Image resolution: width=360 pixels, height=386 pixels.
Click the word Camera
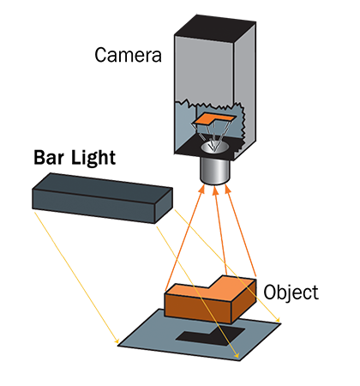128,55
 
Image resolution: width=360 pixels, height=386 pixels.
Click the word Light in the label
93,159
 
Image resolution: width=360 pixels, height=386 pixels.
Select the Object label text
291,293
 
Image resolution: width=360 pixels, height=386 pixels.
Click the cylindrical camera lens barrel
215,171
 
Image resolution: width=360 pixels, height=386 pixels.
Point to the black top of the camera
215,29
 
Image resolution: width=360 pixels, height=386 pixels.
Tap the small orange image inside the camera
213,118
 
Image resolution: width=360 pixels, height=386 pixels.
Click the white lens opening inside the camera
215,146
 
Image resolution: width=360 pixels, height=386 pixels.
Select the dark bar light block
102,198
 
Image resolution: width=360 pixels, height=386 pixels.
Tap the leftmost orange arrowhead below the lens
202,189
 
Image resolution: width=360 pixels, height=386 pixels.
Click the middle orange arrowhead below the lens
216,190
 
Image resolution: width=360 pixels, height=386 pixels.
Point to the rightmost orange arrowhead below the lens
227,190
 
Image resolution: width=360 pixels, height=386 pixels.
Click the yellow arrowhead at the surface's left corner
117,341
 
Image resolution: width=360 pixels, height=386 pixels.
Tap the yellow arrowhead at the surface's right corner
278,320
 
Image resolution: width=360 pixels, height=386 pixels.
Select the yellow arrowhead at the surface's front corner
236,355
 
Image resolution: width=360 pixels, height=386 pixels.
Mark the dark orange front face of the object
198,308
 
